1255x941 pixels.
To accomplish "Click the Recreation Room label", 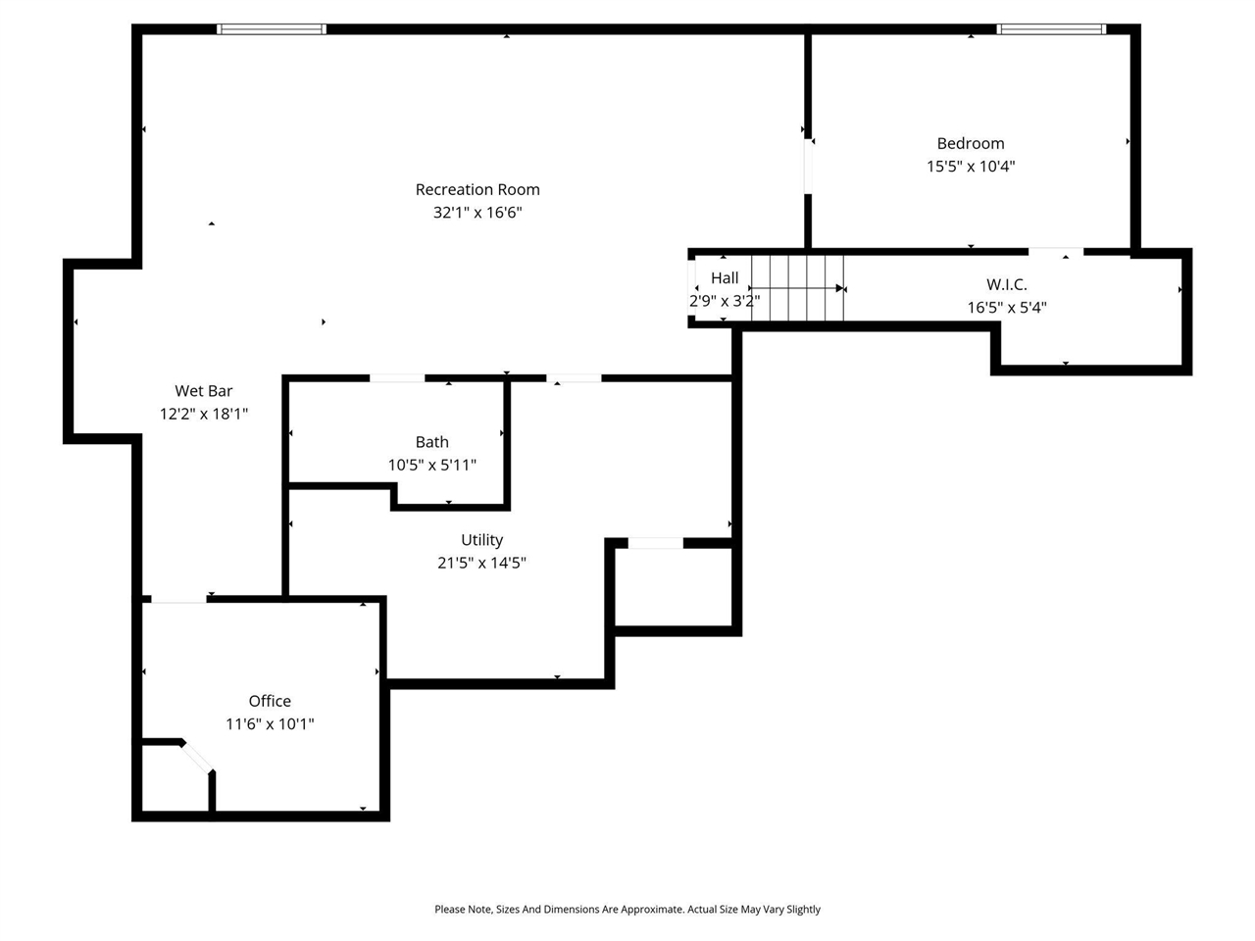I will [477, 189].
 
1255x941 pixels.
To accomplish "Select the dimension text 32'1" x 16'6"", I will [477, 213].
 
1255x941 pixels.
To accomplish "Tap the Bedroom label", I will [970, 143].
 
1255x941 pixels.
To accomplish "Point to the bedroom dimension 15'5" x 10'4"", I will [970, 167].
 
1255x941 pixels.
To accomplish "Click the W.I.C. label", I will [1006, 284].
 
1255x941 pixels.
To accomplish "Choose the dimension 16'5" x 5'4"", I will [1006, 308].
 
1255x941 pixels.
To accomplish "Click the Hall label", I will [725, 278].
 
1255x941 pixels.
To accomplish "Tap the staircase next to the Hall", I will [797, 288].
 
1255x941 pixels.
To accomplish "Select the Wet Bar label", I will [204, 391].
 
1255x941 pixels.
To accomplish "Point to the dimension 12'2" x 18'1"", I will [204, 414].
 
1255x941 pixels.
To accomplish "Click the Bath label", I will [431, 442].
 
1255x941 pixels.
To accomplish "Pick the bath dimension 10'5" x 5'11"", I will [431, 465].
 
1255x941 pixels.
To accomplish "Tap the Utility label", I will [481, 540].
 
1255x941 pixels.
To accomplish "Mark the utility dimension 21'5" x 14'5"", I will [481, 563].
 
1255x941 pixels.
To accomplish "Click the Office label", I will [270, 701].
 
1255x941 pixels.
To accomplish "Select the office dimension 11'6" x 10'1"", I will [270, 724].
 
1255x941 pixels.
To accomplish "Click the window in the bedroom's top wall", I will [1051, 29].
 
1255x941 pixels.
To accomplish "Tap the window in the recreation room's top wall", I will [272, 29].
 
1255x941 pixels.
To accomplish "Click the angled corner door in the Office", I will [197, 758].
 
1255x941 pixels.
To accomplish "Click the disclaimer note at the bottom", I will [627, 910].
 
